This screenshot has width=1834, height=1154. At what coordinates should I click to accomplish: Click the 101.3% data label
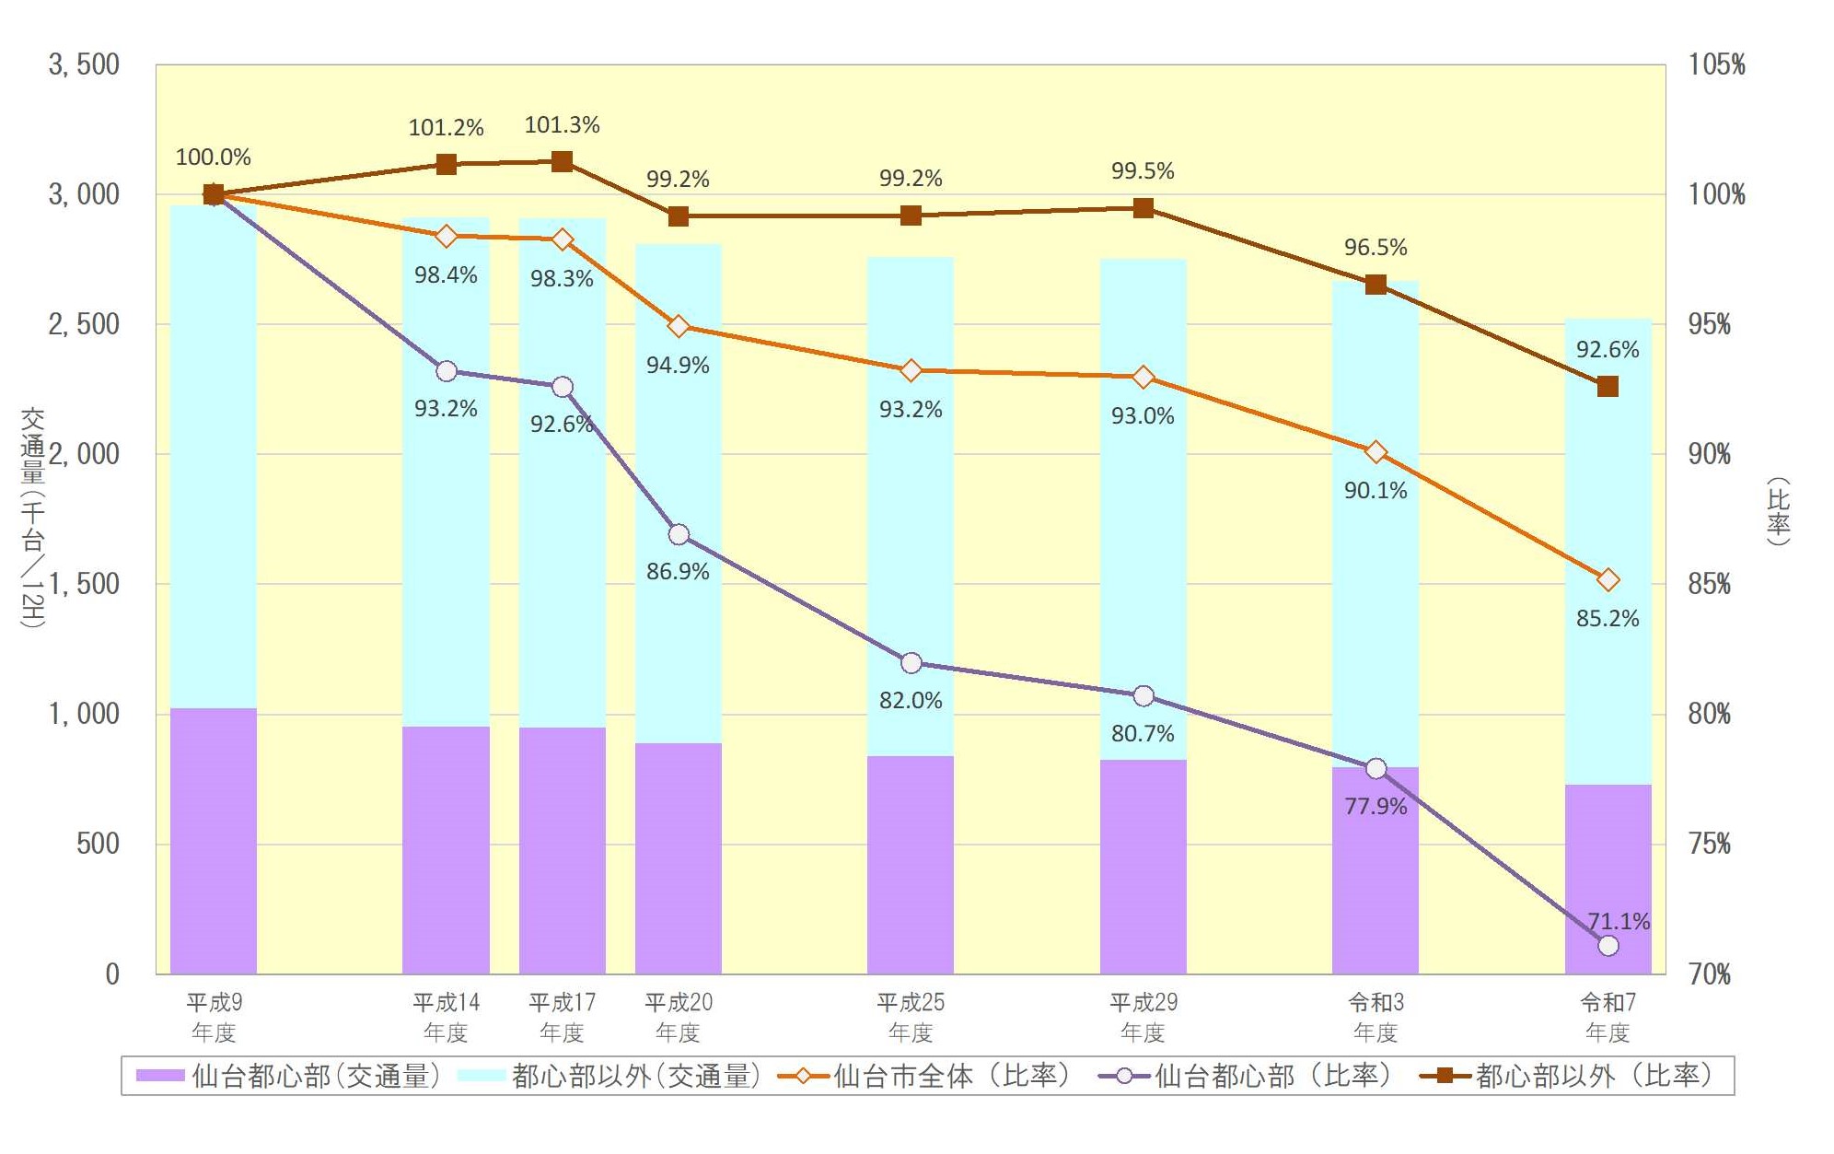coord(562,125)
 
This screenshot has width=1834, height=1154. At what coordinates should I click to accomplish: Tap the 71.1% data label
coord(1618,921)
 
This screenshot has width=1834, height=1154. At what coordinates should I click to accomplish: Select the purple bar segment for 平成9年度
coord(214,841)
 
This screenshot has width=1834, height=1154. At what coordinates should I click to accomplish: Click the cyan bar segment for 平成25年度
coord(911,507)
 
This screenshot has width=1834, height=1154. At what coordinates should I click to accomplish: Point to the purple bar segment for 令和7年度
coord(1608,879)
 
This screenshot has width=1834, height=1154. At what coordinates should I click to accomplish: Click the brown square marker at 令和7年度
coord(1608,387)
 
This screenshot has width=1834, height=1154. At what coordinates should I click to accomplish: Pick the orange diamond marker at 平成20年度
coord(679,326)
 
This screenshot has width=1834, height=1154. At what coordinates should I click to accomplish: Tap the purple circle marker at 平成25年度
coord(911,663)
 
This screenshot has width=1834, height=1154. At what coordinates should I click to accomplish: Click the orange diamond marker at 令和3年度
coord(1375,452)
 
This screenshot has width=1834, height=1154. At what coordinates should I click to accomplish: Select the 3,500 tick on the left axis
coord(84,64)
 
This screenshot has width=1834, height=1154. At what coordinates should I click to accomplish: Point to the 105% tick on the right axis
coord(1716,64)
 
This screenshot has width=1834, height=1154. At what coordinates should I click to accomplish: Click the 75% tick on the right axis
coord(1709,844)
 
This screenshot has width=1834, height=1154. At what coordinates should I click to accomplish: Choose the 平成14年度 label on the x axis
coord(446,1017)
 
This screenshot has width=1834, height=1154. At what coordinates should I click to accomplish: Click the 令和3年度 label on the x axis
coord(1375,1017)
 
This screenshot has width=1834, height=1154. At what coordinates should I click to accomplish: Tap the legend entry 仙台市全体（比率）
coord(924,1076)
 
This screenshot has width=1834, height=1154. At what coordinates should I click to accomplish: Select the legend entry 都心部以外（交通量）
coord(609,1076)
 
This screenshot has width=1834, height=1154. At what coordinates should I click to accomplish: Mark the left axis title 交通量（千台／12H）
coord(33,518)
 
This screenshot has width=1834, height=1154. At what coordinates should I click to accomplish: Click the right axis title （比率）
coord(1778,512)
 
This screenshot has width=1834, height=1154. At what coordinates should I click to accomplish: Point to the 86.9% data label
coord(678,571)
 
